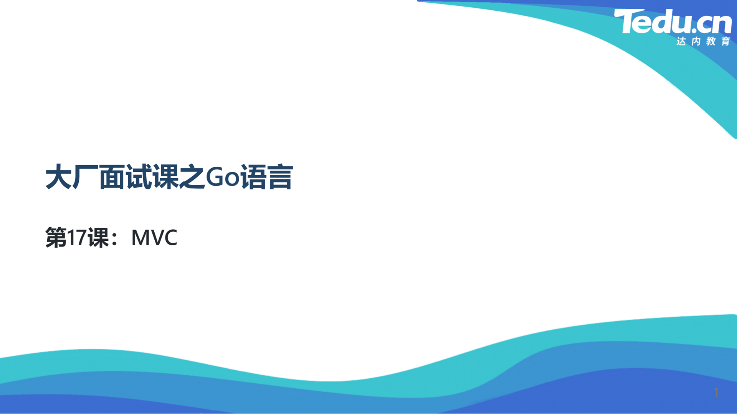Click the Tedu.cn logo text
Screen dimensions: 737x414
[x=673, y=21]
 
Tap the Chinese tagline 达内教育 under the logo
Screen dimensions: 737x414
[x=703, y=41]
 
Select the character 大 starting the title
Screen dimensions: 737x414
[x=59, y=177]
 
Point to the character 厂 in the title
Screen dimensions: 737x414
[x=85, y=177]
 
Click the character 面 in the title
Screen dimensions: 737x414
[x=112, y=177]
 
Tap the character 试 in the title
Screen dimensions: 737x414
[x=139, y=177]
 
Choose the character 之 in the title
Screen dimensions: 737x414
[x=192, y=177]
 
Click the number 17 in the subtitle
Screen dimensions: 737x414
[x=77, y=238]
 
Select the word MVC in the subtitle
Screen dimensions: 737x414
[x=154, y=238]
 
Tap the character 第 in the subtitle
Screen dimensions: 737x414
[x=56, y=238]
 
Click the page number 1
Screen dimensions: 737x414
[x=716, y=393]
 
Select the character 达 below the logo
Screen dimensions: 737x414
[x=681, y=41]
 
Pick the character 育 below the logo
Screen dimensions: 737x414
[x=726, y=41]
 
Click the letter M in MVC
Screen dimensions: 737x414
[x=139, y=238]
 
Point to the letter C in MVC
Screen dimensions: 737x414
[x=170, y=238]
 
